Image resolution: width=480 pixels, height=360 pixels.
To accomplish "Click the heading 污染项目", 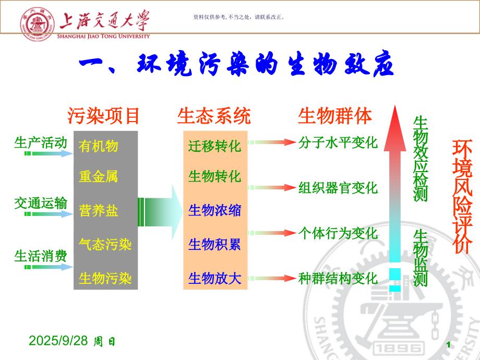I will tap(104, 116).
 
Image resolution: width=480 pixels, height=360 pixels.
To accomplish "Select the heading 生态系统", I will tap(214, 116).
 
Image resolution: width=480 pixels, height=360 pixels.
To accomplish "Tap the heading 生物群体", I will tap(335, 116).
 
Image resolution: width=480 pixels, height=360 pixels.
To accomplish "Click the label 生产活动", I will tap(41, 143).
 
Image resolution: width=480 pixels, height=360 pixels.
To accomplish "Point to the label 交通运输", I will tap(41, 203).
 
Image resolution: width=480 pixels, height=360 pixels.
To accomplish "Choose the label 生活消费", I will tap(41, 256).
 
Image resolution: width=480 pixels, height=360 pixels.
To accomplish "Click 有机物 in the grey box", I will tap(99, 146).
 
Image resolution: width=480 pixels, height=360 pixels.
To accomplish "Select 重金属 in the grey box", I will tap(99, 176).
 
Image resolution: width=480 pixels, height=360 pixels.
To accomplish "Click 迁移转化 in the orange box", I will tap(215, 146).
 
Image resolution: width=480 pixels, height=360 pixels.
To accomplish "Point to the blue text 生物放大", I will tap(215, 278).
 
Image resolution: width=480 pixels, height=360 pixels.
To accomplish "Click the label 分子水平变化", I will tap(338, 142).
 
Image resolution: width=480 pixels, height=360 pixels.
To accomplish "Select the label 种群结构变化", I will tap(338, 278).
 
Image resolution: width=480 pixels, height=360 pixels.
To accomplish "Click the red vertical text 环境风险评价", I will tap(461, 196).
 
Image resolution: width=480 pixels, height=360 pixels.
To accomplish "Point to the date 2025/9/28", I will tap(59, 341).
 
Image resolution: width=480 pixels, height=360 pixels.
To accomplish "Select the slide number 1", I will tap(448, 345).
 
